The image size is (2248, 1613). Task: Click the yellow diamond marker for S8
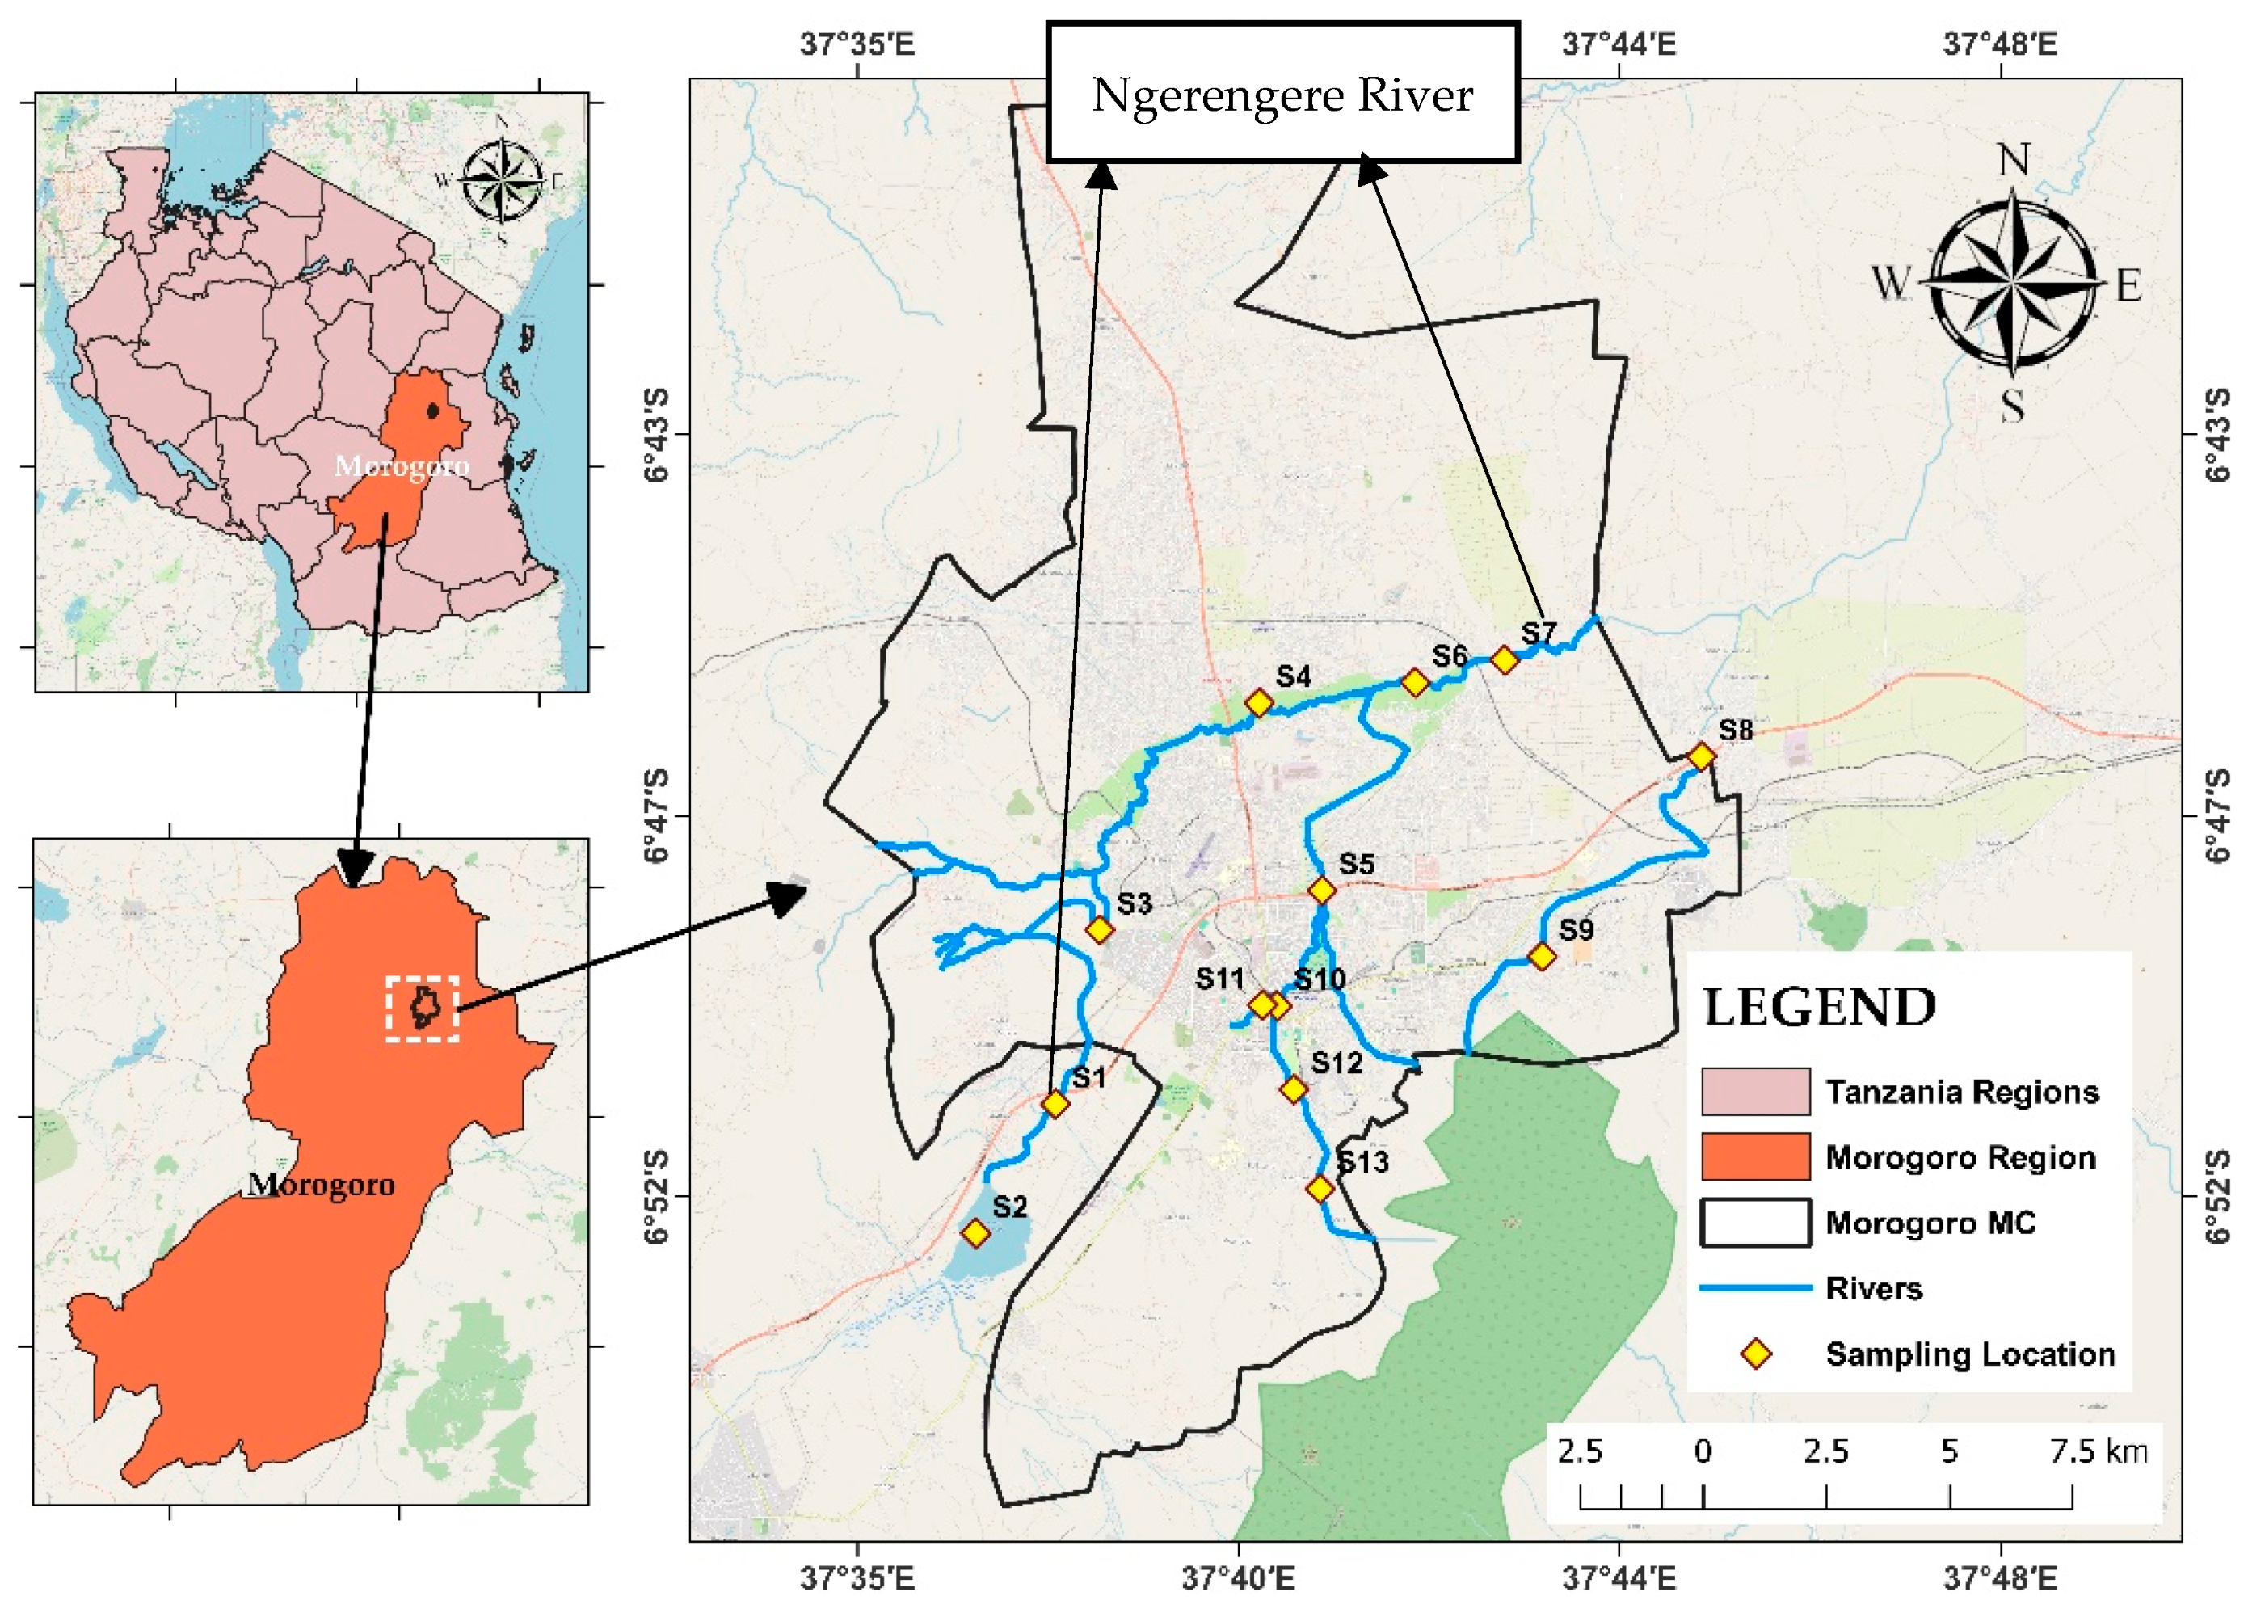[1701, 756]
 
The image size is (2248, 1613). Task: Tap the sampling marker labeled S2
[976, 1233]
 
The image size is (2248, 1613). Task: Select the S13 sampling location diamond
[1320, 1188]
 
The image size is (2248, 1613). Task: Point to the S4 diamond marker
[1259, 703]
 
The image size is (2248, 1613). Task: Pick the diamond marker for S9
[1543, 956]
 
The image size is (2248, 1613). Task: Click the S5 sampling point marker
[1322, 891]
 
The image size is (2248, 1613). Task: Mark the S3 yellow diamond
[1099, 930]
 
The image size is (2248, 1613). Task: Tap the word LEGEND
[1819, 1007]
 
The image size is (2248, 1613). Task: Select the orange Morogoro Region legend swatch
[1755, 1157]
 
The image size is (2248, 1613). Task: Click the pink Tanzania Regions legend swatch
[1755, 1092]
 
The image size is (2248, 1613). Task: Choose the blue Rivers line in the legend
[1755, 1288]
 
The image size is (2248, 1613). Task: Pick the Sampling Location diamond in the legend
[1757, 1354]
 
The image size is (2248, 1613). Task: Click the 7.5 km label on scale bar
[2099, 1451]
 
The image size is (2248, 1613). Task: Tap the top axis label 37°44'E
[1619, 44]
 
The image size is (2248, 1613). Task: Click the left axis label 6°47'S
[657, 816]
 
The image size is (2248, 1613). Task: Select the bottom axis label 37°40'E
[1238, 1578]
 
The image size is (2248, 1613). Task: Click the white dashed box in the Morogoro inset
[423, 1009]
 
